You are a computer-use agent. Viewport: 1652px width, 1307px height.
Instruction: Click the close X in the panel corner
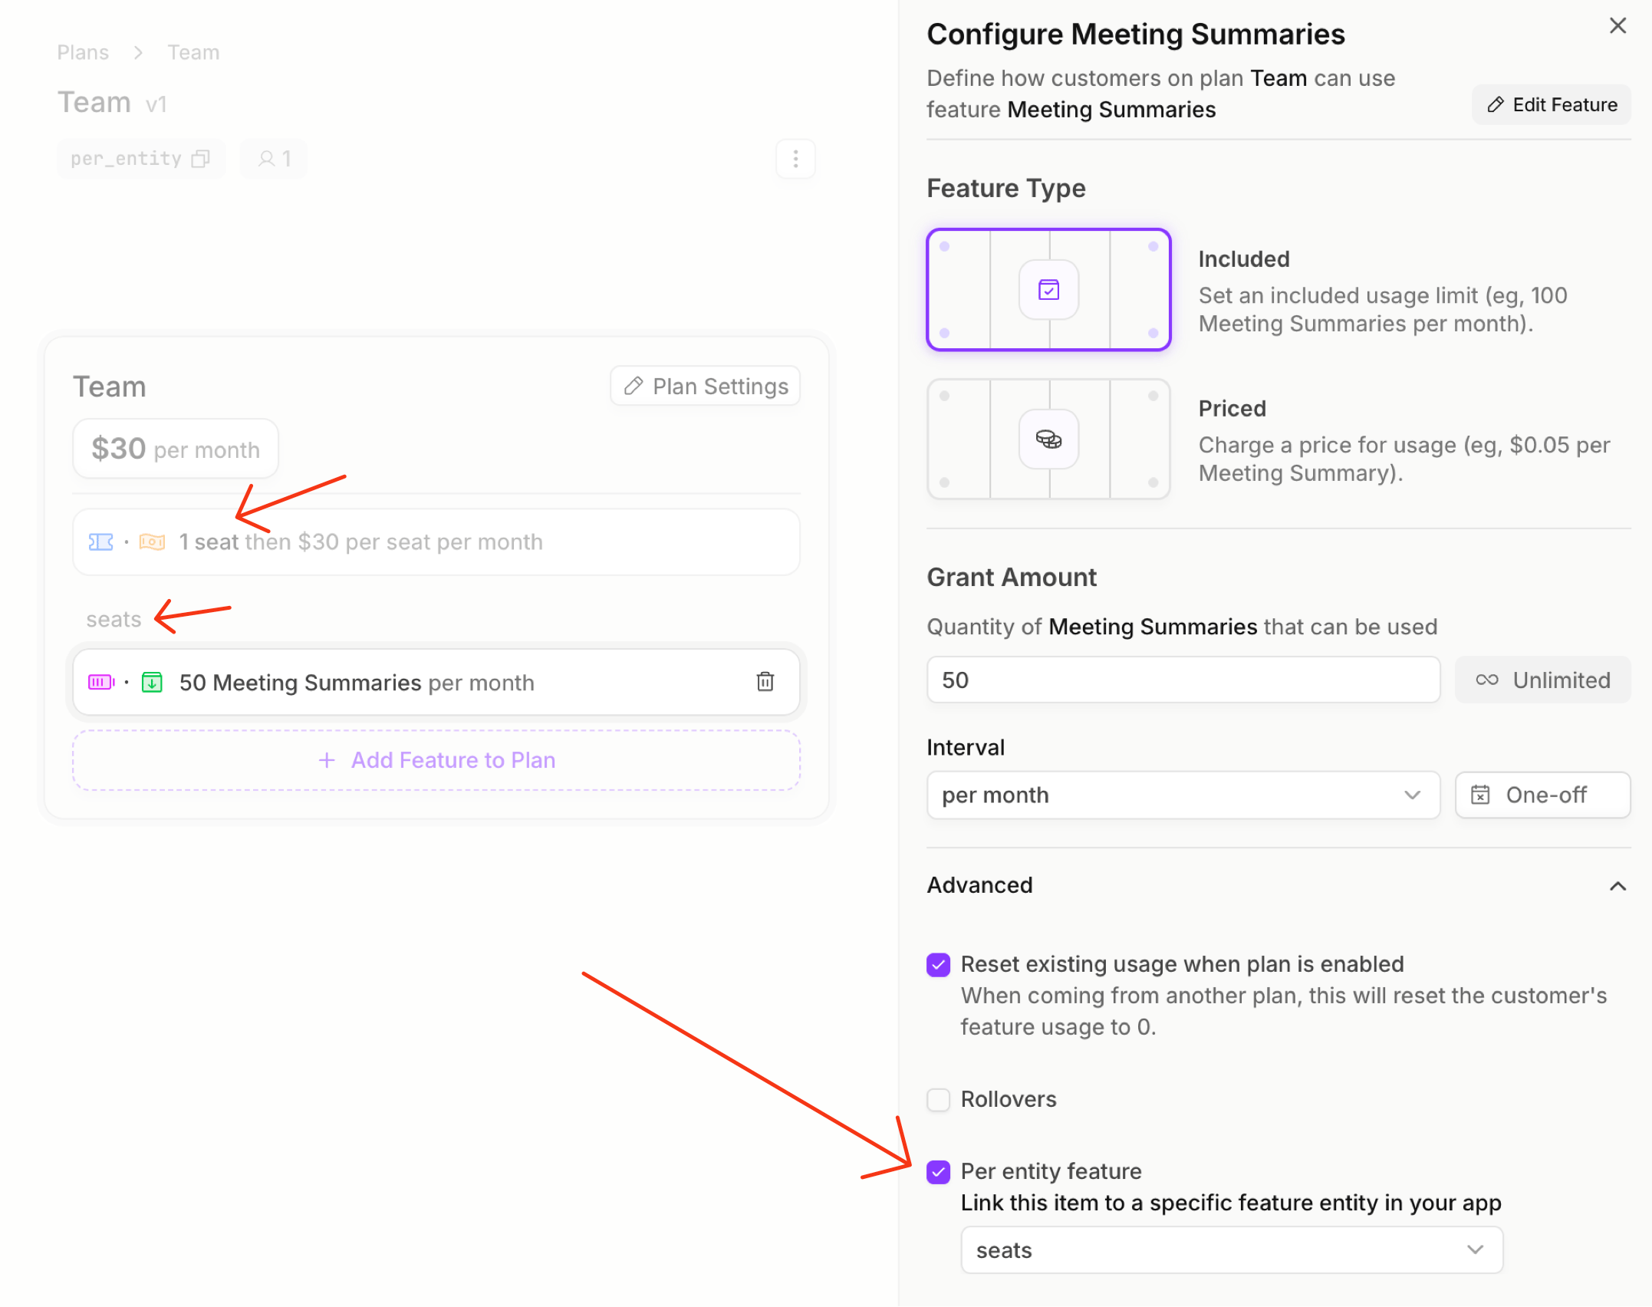pos(1617,26)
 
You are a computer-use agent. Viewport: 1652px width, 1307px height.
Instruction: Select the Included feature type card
pos(1048,289)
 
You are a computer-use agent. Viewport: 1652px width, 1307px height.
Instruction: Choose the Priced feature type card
pos(1048,439)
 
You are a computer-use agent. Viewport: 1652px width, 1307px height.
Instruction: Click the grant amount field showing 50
pos(1183,680)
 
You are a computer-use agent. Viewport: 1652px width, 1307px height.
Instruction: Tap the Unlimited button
pos(1543,680)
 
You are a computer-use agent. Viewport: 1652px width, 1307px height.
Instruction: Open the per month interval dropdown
pos(1183,795)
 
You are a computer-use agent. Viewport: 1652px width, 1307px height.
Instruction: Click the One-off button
pos(1543,795)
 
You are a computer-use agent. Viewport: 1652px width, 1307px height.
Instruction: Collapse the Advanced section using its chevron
pos(1617,886)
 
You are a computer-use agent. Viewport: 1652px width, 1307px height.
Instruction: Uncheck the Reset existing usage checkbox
pos(938,964)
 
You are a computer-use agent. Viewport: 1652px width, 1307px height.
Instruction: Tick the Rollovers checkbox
pos(938,1099)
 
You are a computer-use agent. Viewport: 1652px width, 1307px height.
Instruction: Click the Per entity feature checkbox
pos(938,1171)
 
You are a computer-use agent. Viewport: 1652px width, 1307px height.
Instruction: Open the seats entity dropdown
pos(1232,1250)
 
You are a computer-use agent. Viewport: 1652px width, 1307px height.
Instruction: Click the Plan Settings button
pos(705,386)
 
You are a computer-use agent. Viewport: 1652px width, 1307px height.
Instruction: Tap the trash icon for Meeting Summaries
pos(765,681)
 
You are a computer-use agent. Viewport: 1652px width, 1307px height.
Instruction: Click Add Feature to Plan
pos(436,759)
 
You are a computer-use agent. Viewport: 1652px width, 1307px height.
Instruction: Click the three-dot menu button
pos(795,159)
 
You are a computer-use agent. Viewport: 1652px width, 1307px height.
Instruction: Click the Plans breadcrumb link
pos(83,52)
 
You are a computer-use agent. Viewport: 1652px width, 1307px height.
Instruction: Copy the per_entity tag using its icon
pos(200,159)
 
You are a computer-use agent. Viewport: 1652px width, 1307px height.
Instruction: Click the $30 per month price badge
pos(176,449)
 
